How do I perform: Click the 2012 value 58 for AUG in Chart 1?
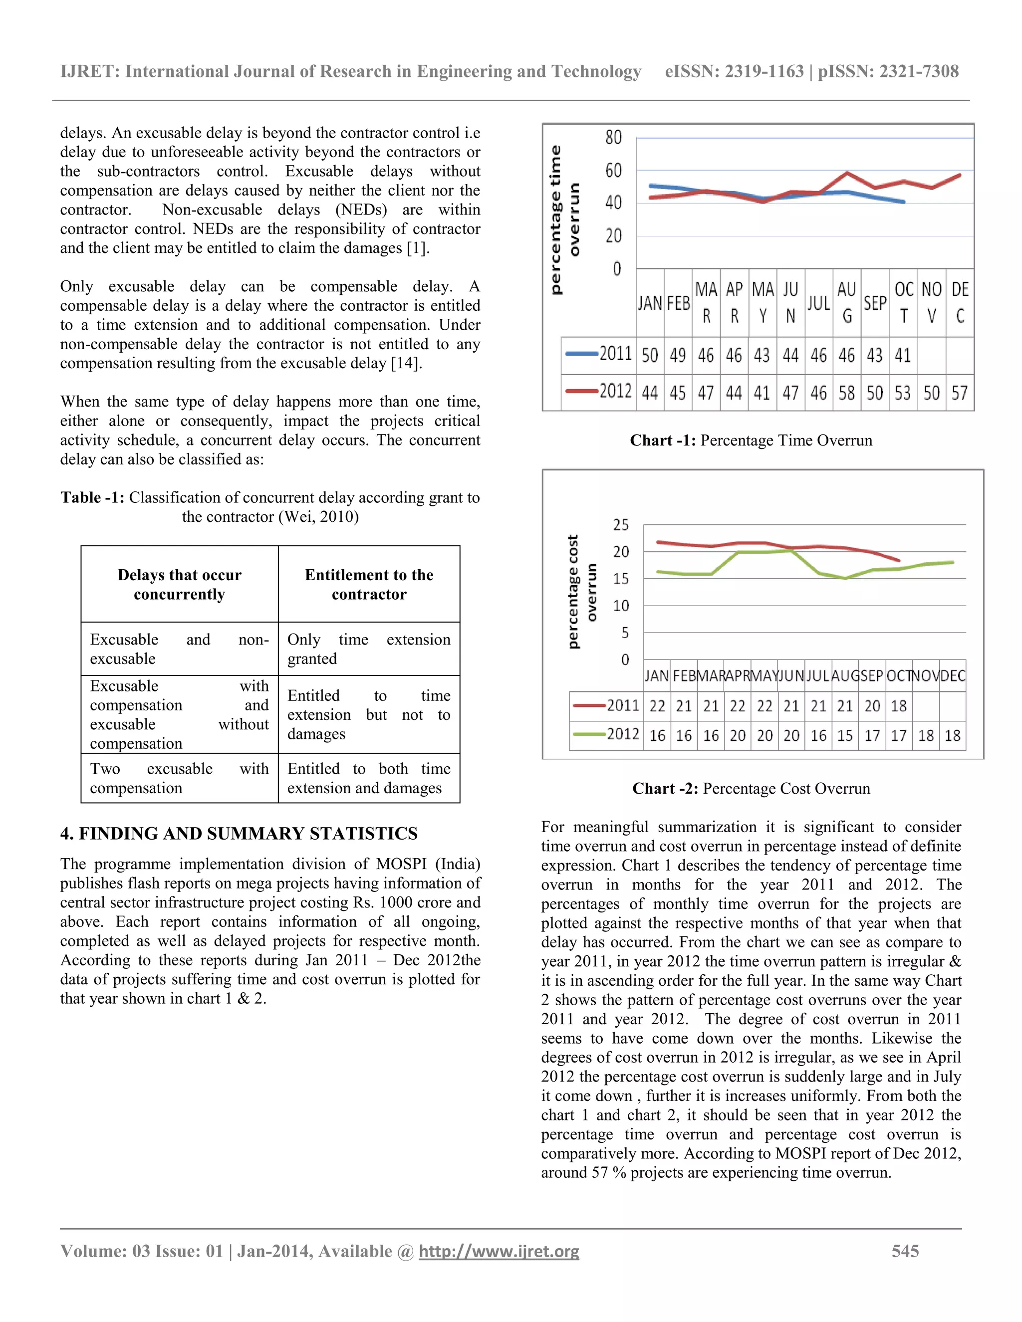[846, 393]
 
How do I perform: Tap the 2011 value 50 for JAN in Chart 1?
[650, 355]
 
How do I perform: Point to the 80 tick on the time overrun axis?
[613, 138]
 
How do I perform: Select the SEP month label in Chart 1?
[875, 303]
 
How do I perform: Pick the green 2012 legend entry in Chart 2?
[605, 734]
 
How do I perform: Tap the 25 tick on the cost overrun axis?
[621, 525]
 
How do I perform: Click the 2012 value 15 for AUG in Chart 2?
[845, 735]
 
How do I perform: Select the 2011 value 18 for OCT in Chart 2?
[898, 706]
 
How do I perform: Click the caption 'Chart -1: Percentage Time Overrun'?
[751, 440]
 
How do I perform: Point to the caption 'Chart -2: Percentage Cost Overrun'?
[751, 788]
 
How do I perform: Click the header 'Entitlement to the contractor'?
[369, 584]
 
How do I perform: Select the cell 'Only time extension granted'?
[369, 649]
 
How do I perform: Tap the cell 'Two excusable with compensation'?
[179, 778]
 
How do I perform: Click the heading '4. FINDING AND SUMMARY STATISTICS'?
[239, 834]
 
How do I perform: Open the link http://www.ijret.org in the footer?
[499, 1251]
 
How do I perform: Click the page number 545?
[905, 1251]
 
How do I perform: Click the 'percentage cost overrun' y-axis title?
[582, 592]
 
